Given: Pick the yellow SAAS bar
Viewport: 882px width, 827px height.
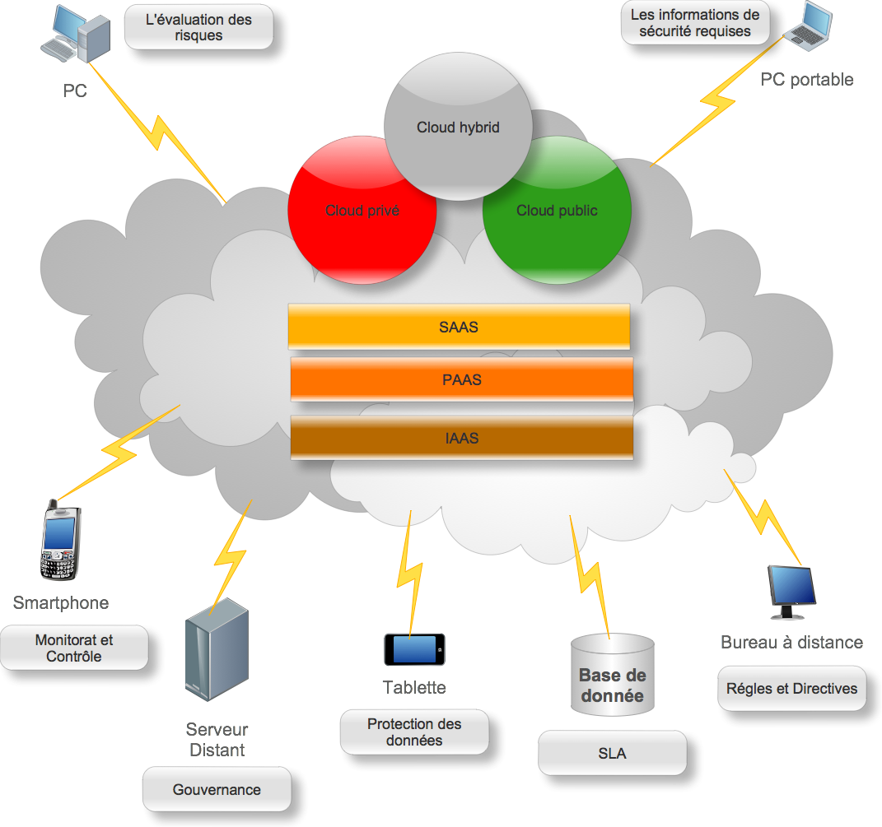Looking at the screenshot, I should coord(459,328).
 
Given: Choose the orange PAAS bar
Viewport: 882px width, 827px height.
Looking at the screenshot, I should coord(461,380).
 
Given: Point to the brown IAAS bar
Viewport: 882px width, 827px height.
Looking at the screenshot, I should coord(461,438).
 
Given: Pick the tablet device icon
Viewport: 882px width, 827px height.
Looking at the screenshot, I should coord(414,649).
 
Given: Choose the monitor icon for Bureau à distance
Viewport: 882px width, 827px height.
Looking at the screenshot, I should coord(791,591).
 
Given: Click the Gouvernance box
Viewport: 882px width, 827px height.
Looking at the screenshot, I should coord(217,790).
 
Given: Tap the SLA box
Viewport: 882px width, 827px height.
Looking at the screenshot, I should coord(612,754).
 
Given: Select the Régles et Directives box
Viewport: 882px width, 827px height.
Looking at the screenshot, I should coord(791,690).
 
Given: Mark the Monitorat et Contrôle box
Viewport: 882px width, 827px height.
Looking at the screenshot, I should coord(74,648).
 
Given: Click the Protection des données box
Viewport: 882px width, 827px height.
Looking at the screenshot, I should coord(414,732).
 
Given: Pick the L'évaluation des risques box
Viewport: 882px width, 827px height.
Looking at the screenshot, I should coord(198,27).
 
